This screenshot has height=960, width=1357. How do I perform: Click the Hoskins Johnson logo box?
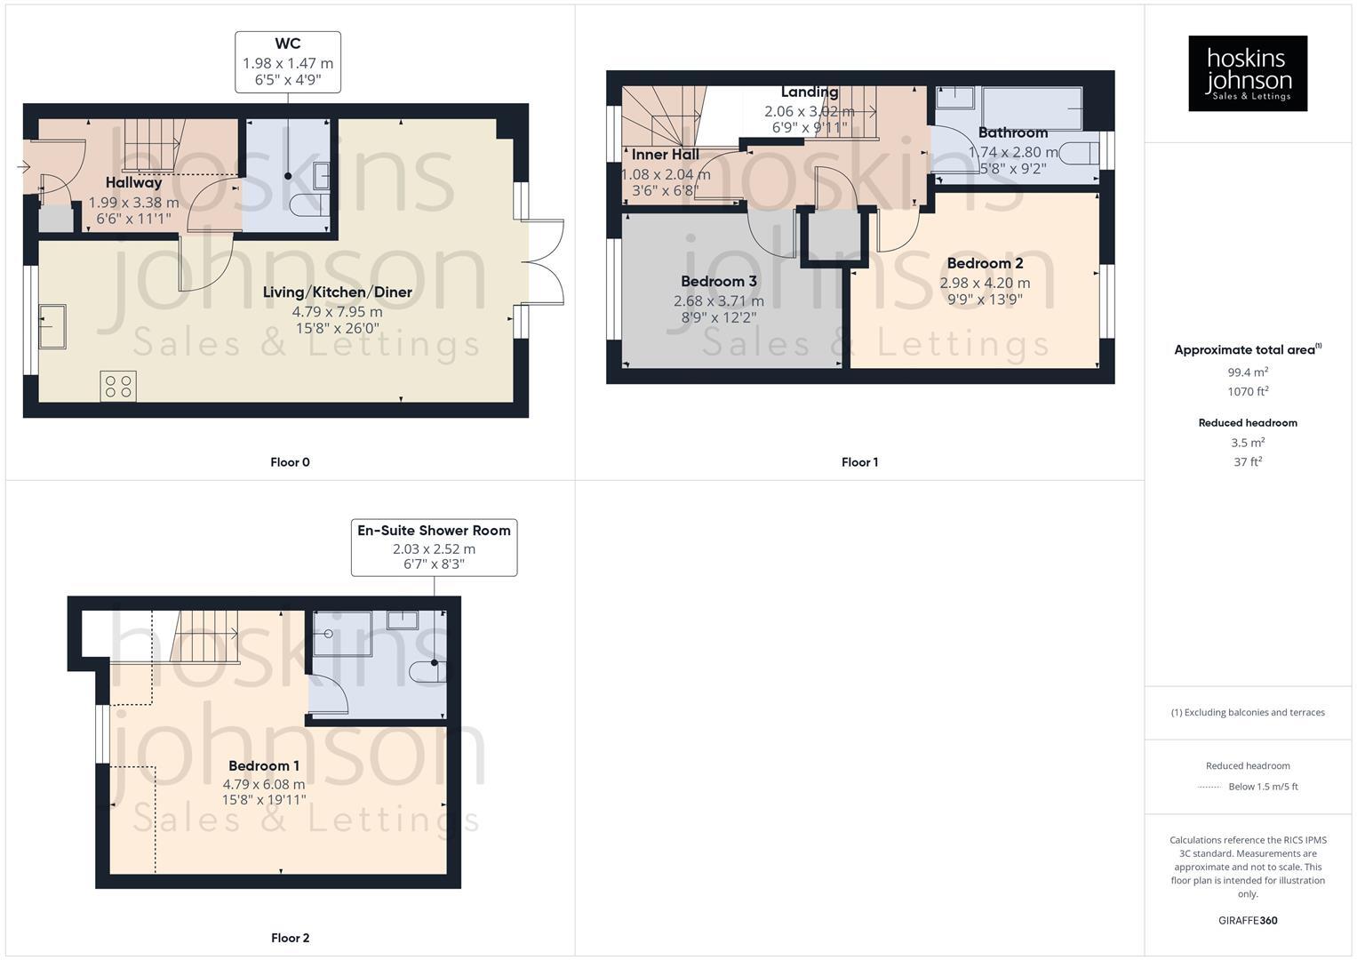(x=1247, y=73)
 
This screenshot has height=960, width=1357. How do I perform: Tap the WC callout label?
(x=288, y=62)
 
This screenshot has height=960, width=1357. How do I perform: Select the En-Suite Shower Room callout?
(x=434, y=547)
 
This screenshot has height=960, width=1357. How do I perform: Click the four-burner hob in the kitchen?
(x=118, y=386)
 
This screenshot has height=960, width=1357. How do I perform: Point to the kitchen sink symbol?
(x=52, y=326)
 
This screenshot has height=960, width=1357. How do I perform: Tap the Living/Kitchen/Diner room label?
(x=337, y=292)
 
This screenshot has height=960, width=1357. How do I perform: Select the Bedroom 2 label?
(x=985, y=263)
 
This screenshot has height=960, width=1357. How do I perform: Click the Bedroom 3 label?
(x=718, y=282)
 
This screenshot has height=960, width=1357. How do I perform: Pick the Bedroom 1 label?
(x=264, y=765)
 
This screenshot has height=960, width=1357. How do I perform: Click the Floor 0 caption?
(x=290, y=462)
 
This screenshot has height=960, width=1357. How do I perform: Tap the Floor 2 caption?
(x=290, y=938)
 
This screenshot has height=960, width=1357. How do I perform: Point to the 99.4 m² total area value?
(x=1248, y=372)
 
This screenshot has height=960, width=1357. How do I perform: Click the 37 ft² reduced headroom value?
(x=1248, y=462)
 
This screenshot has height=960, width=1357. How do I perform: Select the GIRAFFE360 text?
(x=1248, y=920)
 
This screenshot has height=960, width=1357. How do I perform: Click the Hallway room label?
(x=133, y=182)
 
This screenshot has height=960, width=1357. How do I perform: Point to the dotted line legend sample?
(x=1209, y=787)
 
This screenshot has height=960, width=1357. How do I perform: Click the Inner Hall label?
(x=665, y=155)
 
